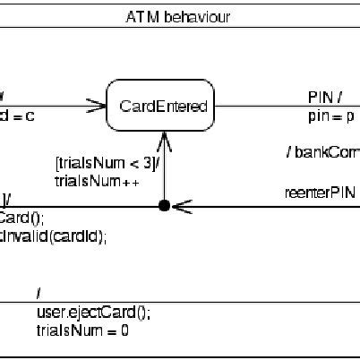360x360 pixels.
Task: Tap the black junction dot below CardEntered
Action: pyautogui.click(x=163, y=207)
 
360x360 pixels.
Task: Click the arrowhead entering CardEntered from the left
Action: pyautogui.click(x=99, y=107)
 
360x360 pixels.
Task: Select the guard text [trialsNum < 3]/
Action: pyautogui.click(x=107, y=162)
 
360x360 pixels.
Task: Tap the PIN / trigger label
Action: pyautogui.click(x=325, y=97)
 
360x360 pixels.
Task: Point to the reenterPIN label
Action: pyautogui.click(x=319, y=193)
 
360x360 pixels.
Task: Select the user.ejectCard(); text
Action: pyautogui.click(x=93, y=313)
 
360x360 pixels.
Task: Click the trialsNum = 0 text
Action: pyautogui.click(x=82, y=330)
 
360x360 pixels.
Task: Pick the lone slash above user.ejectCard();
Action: pyautogui.click(x=39, y=295)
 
